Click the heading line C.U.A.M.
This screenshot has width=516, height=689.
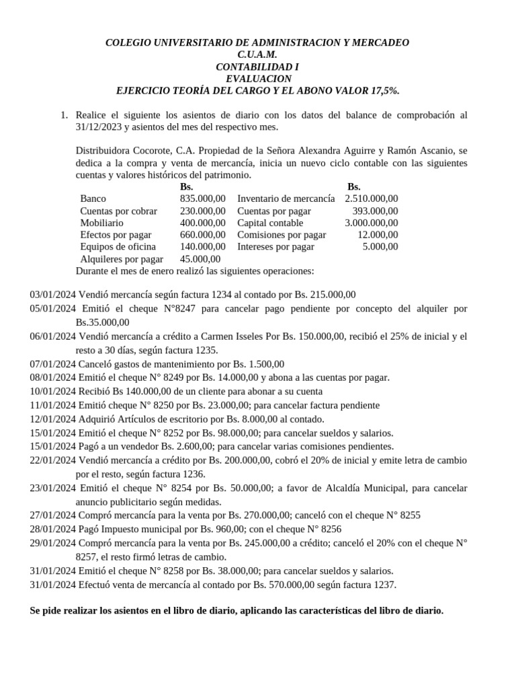pos(257,55)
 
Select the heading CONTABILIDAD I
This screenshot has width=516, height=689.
pos(257,67)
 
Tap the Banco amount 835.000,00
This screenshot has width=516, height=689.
pos(203,198)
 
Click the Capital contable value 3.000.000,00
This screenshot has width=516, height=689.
pos(371,223)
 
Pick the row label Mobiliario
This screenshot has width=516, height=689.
pos(101,223)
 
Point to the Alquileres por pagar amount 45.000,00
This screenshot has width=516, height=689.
pos(200,258)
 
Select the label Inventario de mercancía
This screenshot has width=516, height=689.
pos(286,198)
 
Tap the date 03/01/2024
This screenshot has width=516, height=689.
pos(53,294)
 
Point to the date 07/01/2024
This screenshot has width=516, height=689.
pos(53,363)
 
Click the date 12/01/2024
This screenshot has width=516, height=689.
pos(53,419)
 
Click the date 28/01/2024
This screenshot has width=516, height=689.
pos(53,529)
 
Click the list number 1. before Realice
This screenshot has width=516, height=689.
pos(64,115)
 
